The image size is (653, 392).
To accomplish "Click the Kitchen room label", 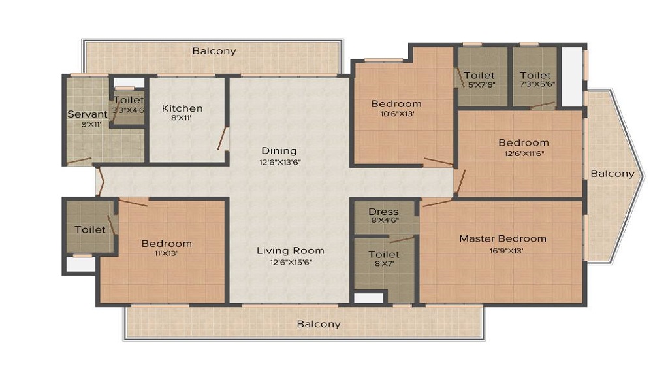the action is pos(182,108).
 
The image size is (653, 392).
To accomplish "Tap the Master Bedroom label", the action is pos(503,238).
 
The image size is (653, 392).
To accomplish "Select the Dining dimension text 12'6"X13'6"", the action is pos(280,162).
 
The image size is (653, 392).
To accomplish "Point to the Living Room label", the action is pos(291,251).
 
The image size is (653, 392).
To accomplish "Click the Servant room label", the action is pos(88,114).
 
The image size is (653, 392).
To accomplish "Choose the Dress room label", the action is pos(383,212).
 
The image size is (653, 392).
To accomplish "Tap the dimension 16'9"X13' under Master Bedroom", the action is pos(507,251).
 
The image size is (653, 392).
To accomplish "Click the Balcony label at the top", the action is pos(214,51).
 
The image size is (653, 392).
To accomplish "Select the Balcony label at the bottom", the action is pos(319,324).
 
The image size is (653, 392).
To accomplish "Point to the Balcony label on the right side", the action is pos(613,174).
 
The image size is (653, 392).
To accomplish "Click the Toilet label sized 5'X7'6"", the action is pos(479,75).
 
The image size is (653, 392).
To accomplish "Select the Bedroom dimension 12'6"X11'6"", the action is pos(524,154).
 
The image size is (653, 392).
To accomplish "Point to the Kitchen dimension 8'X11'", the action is pos(181,118).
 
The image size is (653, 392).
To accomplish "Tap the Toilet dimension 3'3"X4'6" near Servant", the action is pos(128,110).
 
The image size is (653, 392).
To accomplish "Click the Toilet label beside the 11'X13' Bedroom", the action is pos(90,229).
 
